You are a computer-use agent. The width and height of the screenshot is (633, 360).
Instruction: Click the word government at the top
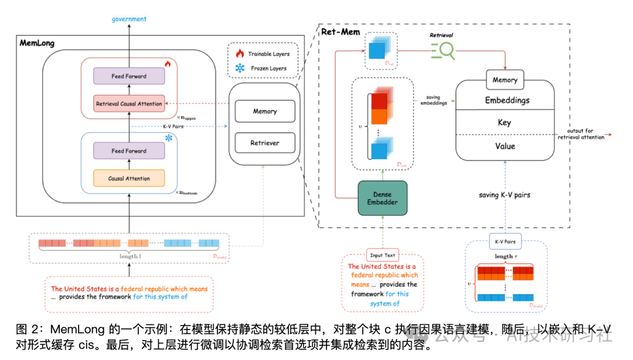click(x=129, y=19)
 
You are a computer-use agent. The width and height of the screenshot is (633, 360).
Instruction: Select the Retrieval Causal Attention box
click(x=130, y=104)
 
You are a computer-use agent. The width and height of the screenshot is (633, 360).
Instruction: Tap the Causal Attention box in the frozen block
click(x=129, y=178)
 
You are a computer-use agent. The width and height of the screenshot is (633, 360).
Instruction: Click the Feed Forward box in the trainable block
click(x=129, y=76)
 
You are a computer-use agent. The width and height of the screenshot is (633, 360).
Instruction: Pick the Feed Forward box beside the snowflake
click(x=129, y=151)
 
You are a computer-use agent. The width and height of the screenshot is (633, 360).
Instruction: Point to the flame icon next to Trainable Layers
click(x=239, y=54)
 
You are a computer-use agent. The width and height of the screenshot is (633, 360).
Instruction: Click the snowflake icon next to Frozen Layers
click(x=239, y=69)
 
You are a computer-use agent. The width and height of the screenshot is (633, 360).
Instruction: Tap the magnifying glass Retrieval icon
click(x=443, y=52)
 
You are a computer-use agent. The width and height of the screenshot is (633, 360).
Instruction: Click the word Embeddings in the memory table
click(x=507, y=100)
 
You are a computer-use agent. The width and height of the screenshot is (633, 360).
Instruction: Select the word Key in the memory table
click(x=504, y=123)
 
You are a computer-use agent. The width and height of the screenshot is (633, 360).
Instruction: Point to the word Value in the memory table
click(x=504, y=146)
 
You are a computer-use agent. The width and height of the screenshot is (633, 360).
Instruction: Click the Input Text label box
click(x=382, y=255)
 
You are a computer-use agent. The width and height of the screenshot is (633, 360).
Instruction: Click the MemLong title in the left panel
click(x=38, y=43)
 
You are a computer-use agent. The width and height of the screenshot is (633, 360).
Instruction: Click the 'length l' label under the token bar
click(x=128, y=256)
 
